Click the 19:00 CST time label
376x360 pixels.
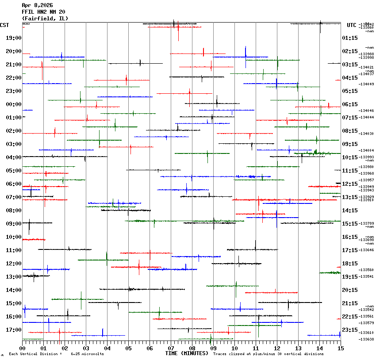(13, 38)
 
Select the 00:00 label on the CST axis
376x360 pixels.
(13, 104)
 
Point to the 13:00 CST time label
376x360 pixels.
(13, 277)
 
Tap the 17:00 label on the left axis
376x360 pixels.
(13, 330)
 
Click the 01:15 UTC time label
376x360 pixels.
(350, 38)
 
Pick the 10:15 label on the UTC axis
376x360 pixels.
(350, 157)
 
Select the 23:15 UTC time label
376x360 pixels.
(350, 330)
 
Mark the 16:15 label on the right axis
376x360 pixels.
(350, 237)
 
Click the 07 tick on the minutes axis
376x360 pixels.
(171, 349)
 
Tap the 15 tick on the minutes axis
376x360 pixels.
(340, 349)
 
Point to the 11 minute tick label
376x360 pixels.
(256, 349)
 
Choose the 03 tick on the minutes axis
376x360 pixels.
(86, 349)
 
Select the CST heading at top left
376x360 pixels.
(5, 25)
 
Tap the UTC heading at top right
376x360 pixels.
(351, 25)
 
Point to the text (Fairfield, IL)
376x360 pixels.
(45, 19)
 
